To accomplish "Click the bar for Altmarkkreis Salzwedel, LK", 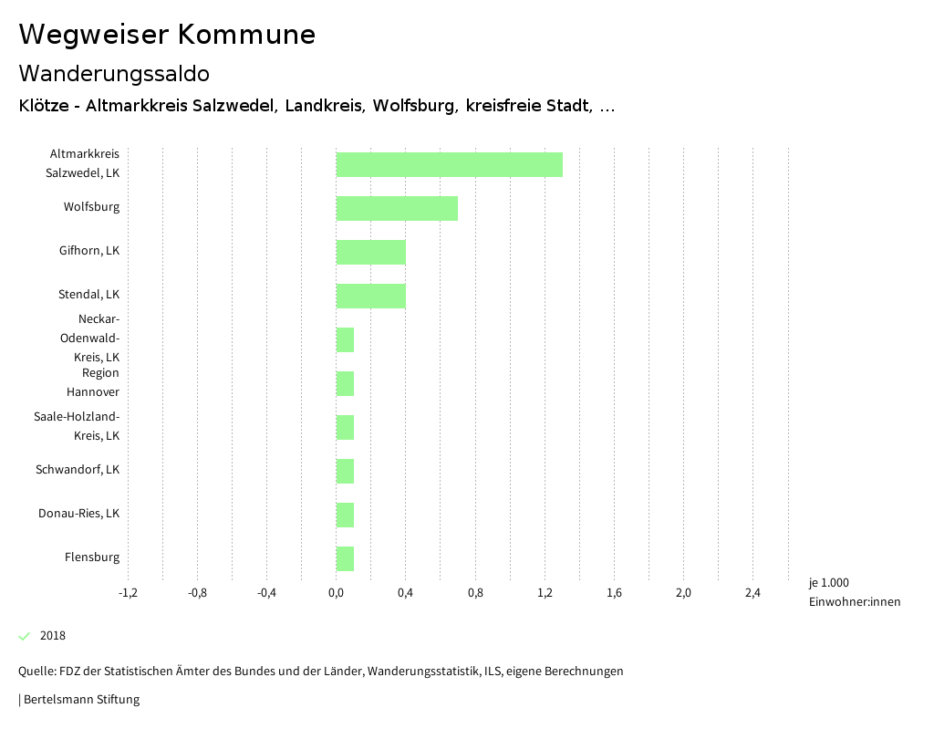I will pyautogui.click(x=449, y=164).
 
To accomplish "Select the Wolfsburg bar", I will pyautogui.click(x=397, y=208).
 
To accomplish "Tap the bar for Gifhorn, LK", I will pyautogui.click(x=370, y=252).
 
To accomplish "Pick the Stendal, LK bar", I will pyautogui.click(x=370, y=296).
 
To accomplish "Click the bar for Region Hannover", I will pyautogui.click(x=345, y=383).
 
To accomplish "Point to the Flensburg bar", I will pyautogui.click(x=345, y=558).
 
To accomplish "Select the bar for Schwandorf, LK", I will pyautogui.click(x=345, y=471).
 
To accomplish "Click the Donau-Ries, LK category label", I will pyautogui.click(x=78, y=514).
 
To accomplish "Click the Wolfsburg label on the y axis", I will pyautogui.click(x=91, y=207).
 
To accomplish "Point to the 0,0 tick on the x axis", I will pyautogui.click(x=336, y=593).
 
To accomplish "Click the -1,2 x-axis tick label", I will pyautogui.click(x=128, y=593).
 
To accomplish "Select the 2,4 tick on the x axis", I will pyautogui.click(x=752, y=593).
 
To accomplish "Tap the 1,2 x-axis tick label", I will pyautogui.click(x=545, y=593).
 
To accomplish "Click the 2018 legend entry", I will pyautogui.click(x=52, y=636).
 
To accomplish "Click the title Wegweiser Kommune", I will pyautogui.click(x=167, y=35).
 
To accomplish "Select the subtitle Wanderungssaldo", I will pyautogui.click(x=114, y=73).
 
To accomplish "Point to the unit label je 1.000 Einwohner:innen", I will pyautogui.click(x=854, y=592).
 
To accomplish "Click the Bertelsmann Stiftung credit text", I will pyautogui.click(x=80, y=700).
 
